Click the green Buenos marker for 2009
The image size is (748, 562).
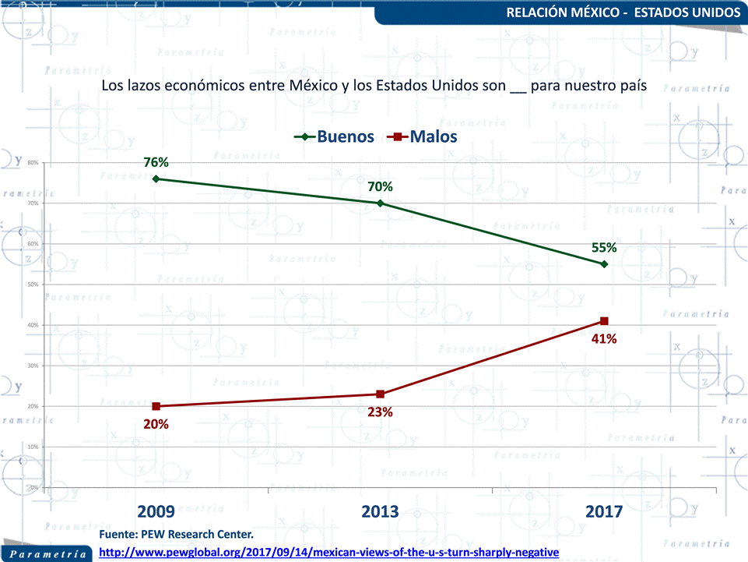click(156, 178)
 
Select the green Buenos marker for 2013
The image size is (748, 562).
click(380, 203)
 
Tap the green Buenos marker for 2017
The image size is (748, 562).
click(604, 264)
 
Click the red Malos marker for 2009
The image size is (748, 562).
click(156, 406)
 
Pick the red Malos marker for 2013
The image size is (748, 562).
click(380, 394)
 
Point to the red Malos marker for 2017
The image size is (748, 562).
click(604, 321)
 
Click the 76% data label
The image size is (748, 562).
click(156, 162)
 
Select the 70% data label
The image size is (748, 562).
click(380, 186)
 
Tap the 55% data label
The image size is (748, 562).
click(604, 248)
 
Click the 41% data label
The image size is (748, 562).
click(604, 339)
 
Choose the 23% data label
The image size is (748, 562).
click(380, 412)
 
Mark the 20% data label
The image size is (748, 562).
click(156, 425)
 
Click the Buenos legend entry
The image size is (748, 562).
click(335, 136)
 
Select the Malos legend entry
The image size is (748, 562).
click(424, 136)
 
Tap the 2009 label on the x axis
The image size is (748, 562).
click(156, 511)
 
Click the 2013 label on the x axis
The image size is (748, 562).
click(380, 511)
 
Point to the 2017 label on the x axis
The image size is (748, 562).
click(604, 511)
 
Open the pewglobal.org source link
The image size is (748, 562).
click(330, 552)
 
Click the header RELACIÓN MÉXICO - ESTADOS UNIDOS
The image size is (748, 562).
click(623, 12)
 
